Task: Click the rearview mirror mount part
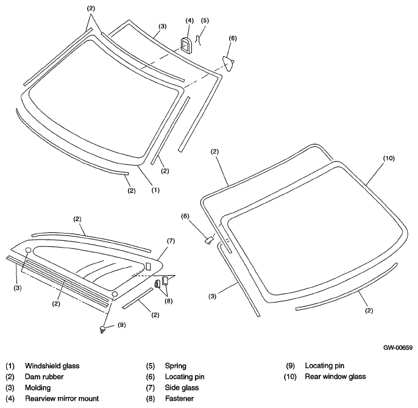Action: tap(186, 46)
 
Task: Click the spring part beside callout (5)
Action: tap(197, 41)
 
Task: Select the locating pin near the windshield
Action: tap(228, 63)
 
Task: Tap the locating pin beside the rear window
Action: tap(209, 240)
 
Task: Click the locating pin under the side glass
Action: tap(102, 330)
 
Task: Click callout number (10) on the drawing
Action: tap(389, 158)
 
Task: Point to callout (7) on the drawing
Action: tap(171, 241)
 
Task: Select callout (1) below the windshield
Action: tap(156, 190)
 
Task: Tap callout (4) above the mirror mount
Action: tap(190, 21)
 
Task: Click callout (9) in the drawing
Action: tap(122, 324)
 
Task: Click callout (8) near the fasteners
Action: tap(168, 301)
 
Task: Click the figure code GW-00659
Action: tap(398, 348)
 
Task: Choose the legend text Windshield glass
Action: tap(52, 365)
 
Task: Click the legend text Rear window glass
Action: tap(335, 376)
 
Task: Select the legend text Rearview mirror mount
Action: tap(62, 398)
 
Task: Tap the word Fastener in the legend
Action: tap(179, 398)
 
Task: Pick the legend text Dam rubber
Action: tap(44, 376)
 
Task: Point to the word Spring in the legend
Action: tap(175, 366)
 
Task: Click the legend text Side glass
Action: tap(182, 387)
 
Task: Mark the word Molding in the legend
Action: tap(38, 388)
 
